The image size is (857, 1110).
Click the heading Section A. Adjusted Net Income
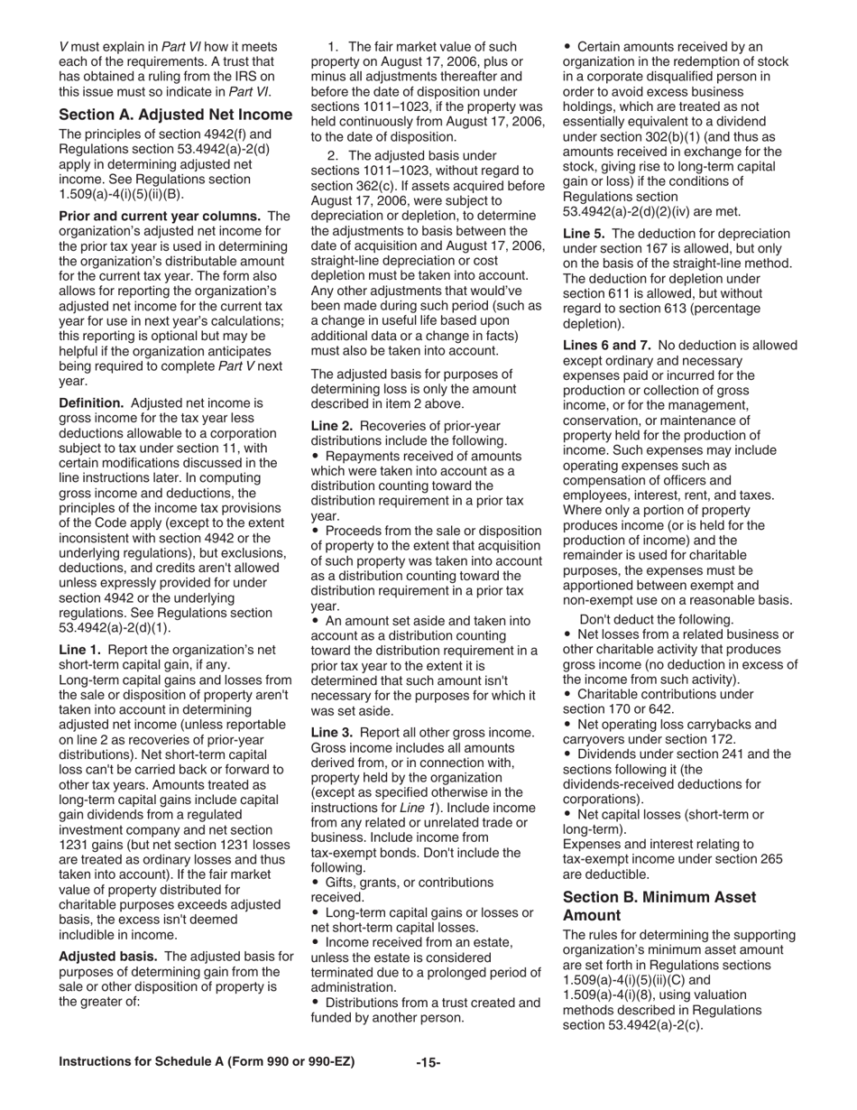coord(175,115)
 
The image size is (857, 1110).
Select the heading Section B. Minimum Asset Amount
coord(659,905)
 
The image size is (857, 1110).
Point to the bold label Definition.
coord(91,402)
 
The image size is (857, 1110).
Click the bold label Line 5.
coord(585,233)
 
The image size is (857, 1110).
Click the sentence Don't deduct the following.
coord(656,619)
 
